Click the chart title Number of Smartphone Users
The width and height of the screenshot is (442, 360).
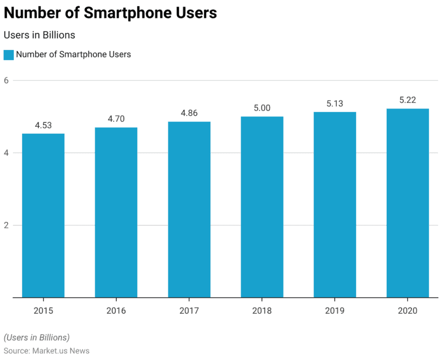click(x=110, y=13)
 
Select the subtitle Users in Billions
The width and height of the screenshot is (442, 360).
click(x=39, y=35)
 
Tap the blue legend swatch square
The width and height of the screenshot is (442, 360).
click(x=8, y=55)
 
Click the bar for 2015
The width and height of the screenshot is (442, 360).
click(x=43, y=216)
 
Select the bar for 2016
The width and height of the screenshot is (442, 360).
click(x=116, y=213)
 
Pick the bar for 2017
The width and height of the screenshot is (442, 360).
click(x=189, y=209)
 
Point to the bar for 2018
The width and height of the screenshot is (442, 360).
click(x=262, y=207)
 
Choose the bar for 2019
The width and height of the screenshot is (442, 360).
click(x=335, y=205)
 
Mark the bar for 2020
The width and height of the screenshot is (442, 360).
click(x=408, y=203)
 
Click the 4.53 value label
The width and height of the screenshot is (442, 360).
click(x=43, y=125)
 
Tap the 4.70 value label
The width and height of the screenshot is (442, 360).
click(x=116, y=119)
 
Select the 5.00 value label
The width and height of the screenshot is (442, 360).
click(x=262, y=108)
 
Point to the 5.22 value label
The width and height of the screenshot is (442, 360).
click(x=408, y=100)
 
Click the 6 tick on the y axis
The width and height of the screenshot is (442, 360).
click(x=6, y=81)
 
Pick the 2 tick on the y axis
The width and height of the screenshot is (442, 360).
click(x=6, y=225)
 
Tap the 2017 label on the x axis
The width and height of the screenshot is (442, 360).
click(x=189, y=311)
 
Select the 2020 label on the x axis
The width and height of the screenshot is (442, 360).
click(x=408, y=311)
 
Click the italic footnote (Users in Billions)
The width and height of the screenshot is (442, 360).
click(x=37, y=337)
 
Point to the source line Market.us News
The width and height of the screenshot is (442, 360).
click(x=46, y=351)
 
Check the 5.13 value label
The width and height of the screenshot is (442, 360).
click(x=335, y=104)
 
